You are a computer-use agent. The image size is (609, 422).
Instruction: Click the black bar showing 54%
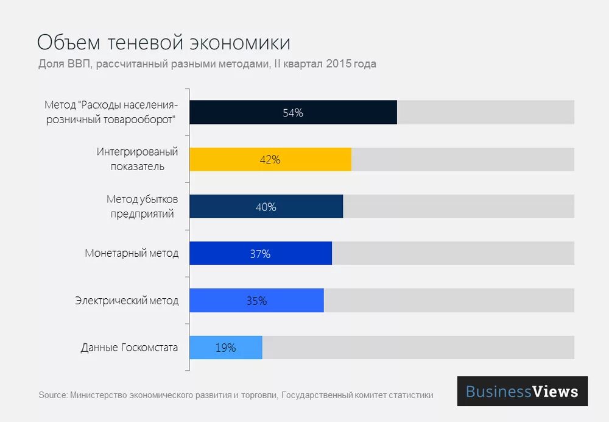[x=244, y=112]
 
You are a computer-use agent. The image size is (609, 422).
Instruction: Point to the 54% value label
[x=293, y=113]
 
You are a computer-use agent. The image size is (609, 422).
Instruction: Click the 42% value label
[x=270, y=160]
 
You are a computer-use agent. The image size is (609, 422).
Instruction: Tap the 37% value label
[x=260, y=254]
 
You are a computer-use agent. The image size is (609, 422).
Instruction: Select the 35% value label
[x=256, y=301]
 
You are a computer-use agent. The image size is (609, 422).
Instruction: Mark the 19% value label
[x=225, y=348]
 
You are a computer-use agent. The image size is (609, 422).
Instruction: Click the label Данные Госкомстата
[x=129, y=348]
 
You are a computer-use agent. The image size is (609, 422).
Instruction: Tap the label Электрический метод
[x=127, y=301]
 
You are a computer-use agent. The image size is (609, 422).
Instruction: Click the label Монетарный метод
[x=132, y=254]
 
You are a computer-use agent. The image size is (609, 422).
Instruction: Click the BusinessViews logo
[x=522, y=391]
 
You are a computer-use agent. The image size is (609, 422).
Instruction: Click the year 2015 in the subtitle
[x=338, y=64]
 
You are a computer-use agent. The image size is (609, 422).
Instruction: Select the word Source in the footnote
[x=52, y=395]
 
